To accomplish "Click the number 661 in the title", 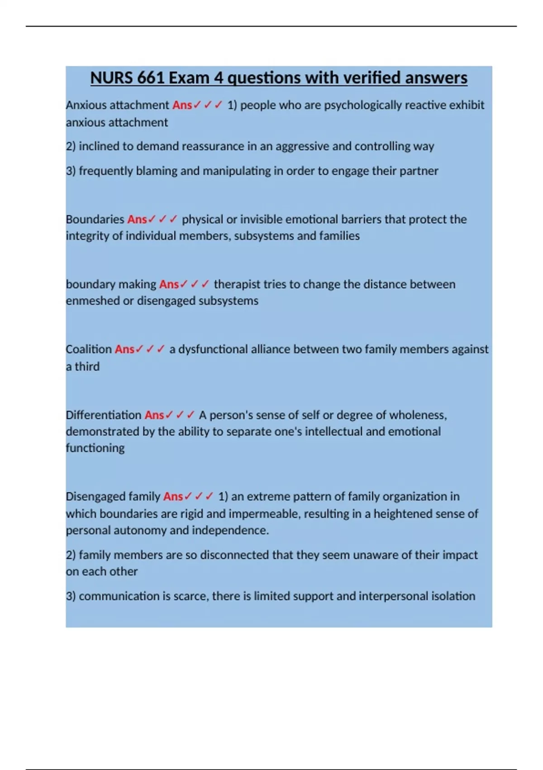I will click(x=151, y=78).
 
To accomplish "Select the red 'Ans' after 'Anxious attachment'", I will click(x=182, y=105).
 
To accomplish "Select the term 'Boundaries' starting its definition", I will click(x=95, y=219).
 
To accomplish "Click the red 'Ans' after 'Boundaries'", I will click(x=137, y=219).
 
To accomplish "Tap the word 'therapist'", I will click(x=237, y=284).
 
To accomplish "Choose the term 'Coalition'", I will click(x=89, y=349).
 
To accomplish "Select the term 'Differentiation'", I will click(x=104, y=415).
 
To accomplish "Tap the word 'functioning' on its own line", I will click(x=95, y=448).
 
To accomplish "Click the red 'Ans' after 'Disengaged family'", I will click(x=173, y=496).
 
